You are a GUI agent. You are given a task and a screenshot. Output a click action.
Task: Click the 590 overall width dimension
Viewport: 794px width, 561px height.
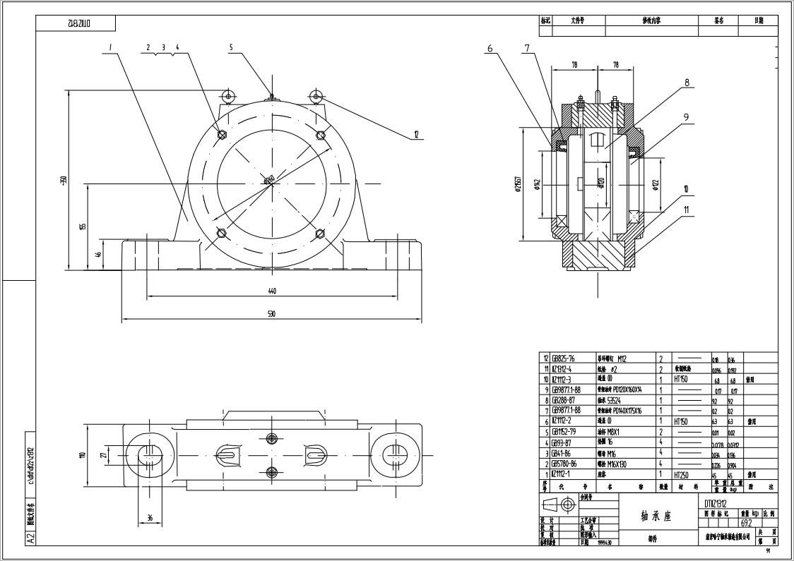(271, 314)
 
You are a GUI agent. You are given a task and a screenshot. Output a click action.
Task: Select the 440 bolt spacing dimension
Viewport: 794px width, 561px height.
(271, 291)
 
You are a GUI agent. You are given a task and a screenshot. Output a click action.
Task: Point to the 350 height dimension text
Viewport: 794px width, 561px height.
(64, 181)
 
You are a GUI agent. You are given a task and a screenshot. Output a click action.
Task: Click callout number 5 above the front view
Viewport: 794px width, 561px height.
(230, 47)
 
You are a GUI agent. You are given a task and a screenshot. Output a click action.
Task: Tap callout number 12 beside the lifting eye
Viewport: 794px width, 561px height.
(416, 133)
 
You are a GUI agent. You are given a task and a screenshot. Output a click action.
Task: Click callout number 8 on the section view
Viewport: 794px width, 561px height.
(686, 83)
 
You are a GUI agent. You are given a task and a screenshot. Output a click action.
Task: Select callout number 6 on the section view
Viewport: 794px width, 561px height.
(490, 49)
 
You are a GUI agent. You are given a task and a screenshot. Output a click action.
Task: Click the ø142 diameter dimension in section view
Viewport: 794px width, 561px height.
(538, 186)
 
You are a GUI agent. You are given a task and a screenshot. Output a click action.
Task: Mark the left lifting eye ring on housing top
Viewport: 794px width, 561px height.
(228, 95)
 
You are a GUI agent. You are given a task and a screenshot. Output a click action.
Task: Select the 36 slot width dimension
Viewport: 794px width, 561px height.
(149, 517)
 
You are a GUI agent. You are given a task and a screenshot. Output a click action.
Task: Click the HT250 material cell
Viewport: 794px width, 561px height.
(681, 475)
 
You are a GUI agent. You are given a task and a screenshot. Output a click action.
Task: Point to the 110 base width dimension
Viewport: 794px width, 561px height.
(83, 455)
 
